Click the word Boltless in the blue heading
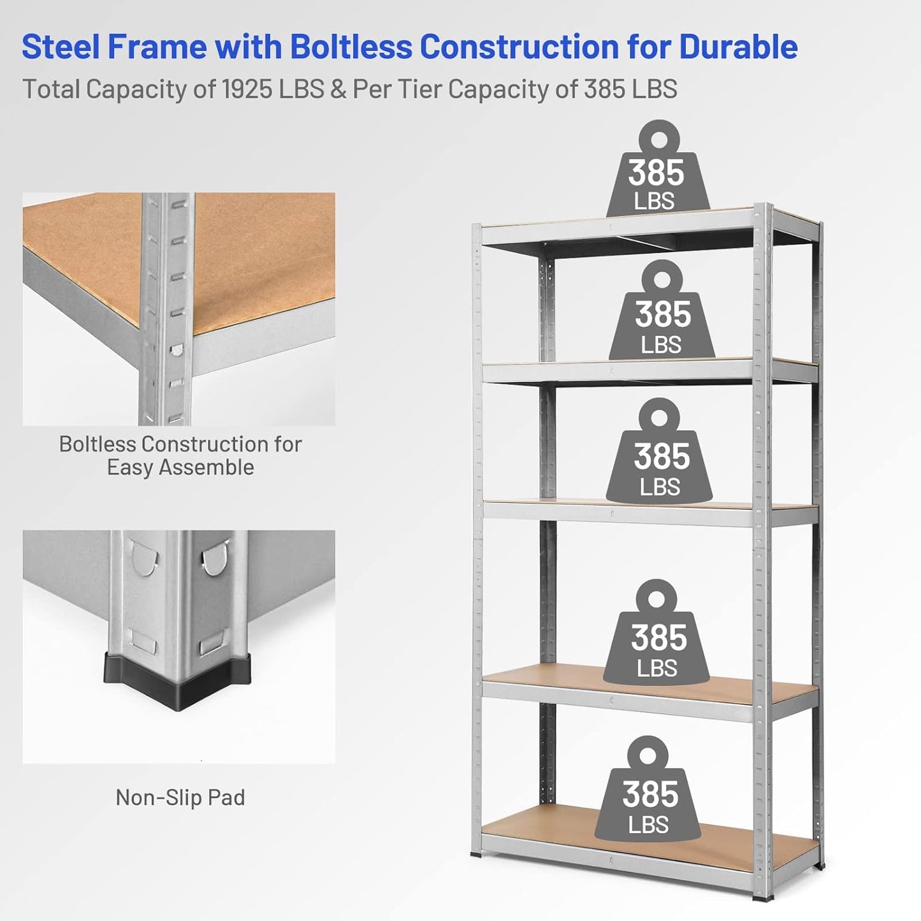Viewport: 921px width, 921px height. coord(350,47)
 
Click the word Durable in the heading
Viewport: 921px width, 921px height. coord(738,47)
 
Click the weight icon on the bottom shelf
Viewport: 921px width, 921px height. coord(648,794)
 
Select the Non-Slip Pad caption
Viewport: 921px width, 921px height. coord(180,797)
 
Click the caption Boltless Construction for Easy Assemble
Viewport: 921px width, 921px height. coord(180,455)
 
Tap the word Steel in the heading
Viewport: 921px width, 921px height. coord(60,47)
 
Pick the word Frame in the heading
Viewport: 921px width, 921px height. coord(157,47)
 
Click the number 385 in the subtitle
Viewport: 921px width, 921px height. coord(606,89)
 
